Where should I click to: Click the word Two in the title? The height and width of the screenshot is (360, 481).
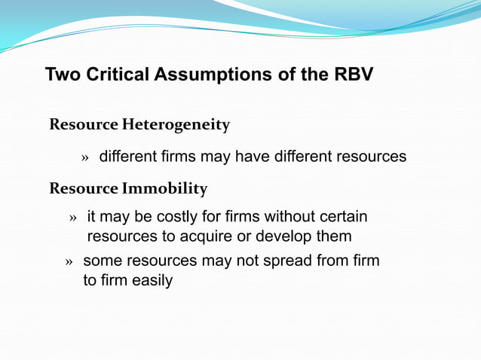click(63, 75)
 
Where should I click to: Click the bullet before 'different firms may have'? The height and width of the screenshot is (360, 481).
click(85, 158)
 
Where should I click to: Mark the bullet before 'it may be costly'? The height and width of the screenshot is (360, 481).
click(73, 218)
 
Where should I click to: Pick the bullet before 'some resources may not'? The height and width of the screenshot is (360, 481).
click(69, 263)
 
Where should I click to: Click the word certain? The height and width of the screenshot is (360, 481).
click(342, 218)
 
